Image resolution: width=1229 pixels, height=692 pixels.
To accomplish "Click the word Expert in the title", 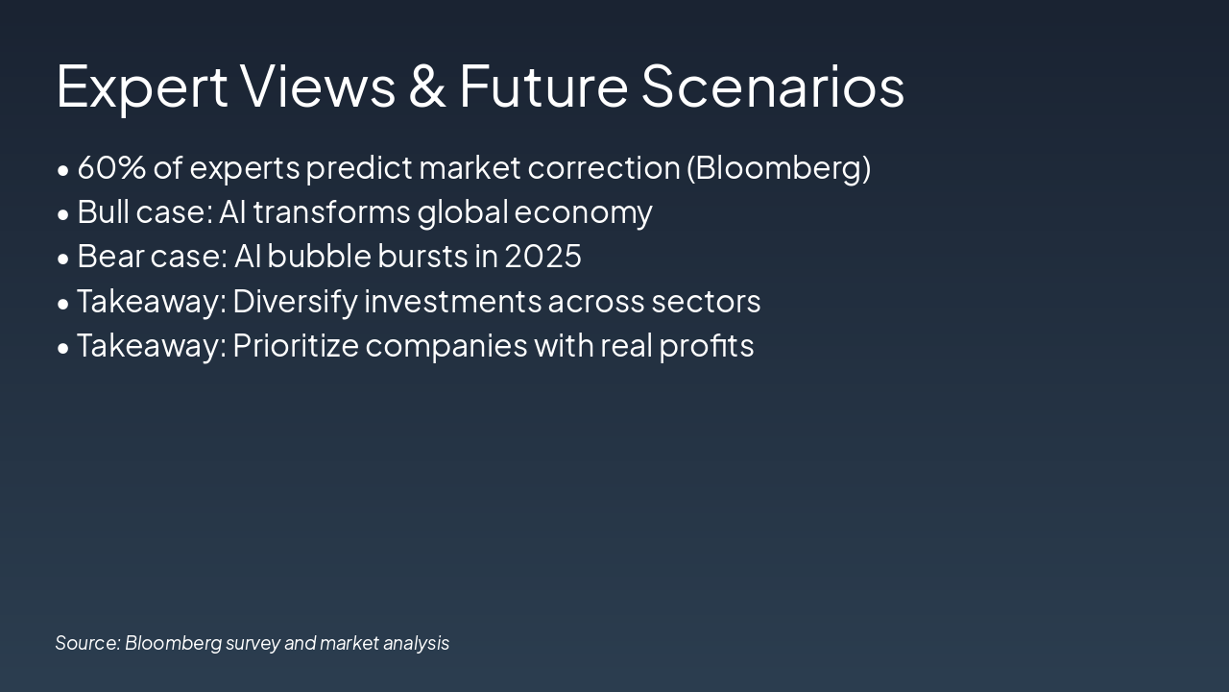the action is click(x=141, y=86).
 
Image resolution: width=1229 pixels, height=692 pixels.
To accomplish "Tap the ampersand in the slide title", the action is click(x=427, y=86).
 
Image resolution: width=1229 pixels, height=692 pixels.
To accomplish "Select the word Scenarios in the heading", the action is click(x=773, y=86).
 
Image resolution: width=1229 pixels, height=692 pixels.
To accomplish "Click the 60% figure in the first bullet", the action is click(x=111, y=167).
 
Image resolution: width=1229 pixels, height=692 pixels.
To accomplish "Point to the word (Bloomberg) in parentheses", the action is click(x=779, y=168).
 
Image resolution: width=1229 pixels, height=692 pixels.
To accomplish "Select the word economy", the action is click(x=583, y=214).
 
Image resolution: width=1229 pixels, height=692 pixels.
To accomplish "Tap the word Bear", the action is click(x=110, y=256).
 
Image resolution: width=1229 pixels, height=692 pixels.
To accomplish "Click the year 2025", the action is click(x=542, y=256).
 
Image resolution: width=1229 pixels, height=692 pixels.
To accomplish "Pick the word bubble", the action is click(x=319, y=256).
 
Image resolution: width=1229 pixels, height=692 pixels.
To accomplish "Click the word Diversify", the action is click(x=295, y=302).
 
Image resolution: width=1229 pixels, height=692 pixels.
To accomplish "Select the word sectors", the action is click(x=706, y=302).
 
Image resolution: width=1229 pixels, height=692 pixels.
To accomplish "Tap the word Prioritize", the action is click(x=296, y=346).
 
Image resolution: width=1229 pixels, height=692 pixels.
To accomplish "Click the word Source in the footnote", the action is click(x=87, y=643).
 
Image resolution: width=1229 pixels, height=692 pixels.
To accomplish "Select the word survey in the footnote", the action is click(x=253, y=644).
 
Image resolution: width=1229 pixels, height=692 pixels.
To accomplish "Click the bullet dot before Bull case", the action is click(x=63, y=214).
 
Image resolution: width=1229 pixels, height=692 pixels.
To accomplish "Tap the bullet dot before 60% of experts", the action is click(x=63, y=170).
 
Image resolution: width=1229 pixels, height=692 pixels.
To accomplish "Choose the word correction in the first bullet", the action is click(x=604, y=167).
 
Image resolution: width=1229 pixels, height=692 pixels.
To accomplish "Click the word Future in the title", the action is click(x=543, y=86).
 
